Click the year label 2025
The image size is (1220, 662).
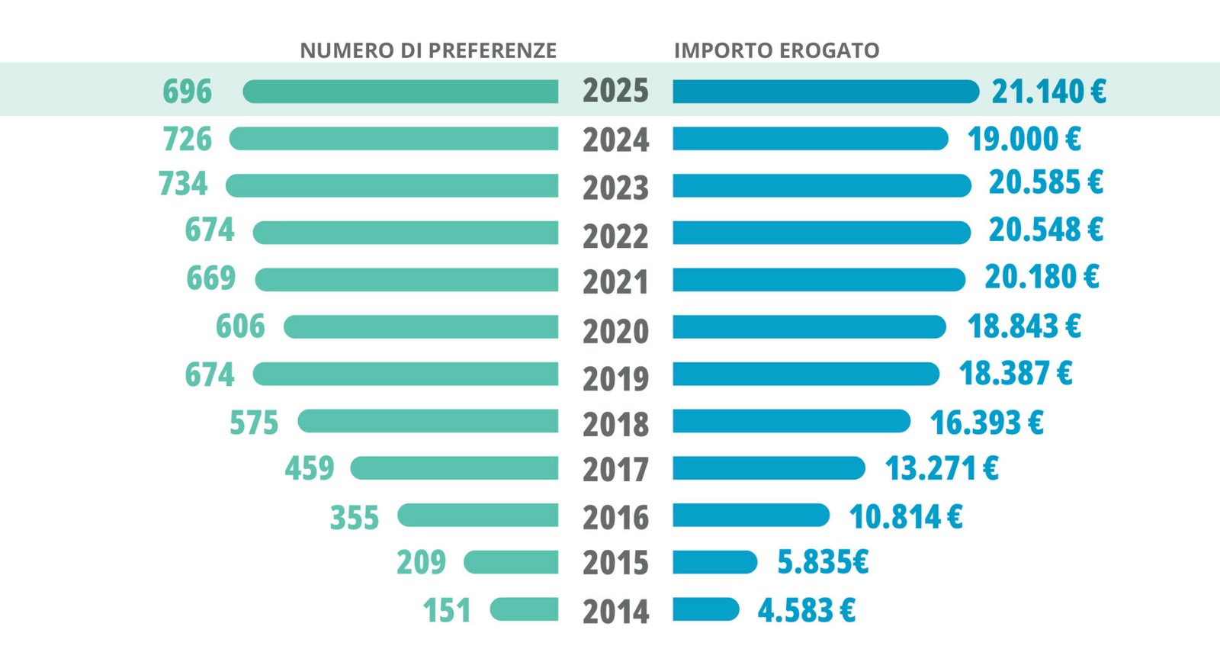(615, 91)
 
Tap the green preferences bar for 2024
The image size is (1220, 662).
(393, 138)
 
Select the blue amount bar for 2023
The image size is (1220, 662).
(822, 186)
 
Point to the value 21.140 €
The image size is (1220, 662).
(1048, 91)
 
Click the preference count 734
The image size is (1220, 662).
(183, 183)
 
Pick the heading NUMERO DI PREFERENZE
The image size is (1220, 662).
(428, 50)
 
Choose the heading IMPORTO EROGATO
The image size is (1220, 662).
(777, 50)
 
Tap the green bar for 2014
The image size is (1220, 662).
(524, 609)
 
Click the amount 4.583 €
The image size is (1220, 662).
(806, 610)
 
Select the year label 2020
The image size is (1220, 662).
(615, 331)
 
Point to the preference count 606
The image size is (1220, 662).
(240, 326)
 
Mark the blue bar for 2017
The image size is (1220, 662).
(769, 468)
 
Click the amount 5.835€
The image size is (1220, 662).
(823, 562)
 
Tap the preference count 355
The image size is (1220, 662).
(354, 517)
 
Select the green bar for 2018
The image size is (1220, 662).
(428, 421)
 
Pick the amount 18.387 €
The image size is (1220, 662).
(1015, 373)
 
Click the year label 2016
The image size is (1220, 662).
(615, 518)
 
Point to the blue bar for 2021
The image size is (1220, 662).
(819, 279)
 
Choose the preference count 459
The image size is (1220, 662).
(310, 468)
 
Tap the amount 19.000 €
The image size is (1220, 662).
(1024, 139)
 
